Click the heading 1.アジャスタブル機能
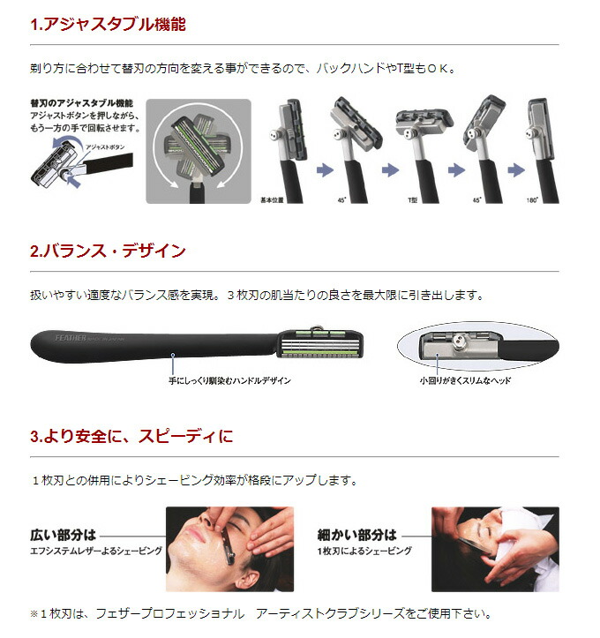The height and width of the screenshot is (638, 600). tap(108, 25)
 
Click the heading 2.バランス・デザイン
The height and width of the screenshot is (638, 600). tap(108, 251)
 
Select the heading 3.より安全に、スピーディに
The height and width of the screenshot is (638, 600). tap(131, 436)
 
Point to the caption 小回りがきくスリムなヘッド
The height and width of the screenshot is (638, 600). tap(466, 380)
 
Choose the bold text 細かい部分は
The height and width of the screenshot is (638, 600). tap(356, 534)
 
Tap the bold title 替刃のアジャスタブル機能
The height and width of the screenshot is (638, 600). tap(80, 103)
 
